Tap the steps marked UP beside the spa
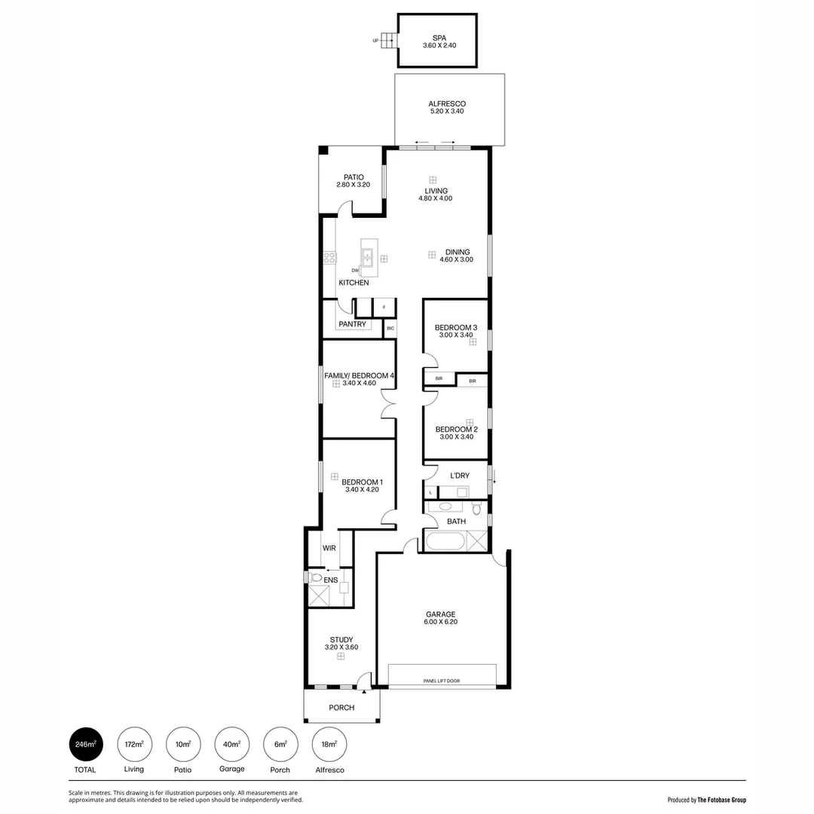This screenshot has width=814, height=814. [387, 41]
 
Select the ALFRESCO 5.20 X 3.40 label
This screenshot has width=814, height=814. [446, 104]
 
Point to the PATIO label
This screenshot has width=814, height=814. [353, 177]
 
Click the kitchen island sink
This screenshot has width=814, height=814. [367, 257]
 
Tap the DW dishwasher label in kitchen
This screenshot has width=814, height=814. [355, 271]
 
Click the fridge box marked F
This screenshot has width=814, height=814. [384, 308]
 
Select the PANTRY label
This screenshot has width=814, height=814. [352, 325]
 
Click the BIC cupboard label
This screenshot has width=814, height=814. [390, 329]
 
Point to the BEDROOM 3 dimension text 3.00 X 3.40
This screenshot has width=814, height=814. [455, 335]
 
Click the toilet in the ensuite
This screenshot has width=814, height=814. [316, 578]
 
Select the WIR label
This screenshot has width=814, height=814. [329, 548]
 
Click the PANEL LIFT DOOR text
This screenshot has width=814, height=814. [442, 681]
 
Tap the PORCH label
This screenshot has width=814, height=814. [341, 708]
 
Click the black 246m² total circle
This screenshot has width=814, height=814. [85, 745]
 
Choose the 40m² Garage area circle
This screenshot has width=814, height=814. [231, 745]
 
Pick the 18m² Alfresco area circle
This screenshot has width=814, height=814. [329, 745]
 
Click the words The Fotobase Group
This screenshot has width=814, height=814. [721, 800]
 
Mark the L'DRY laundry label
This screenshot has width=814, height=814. [460, 476]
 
